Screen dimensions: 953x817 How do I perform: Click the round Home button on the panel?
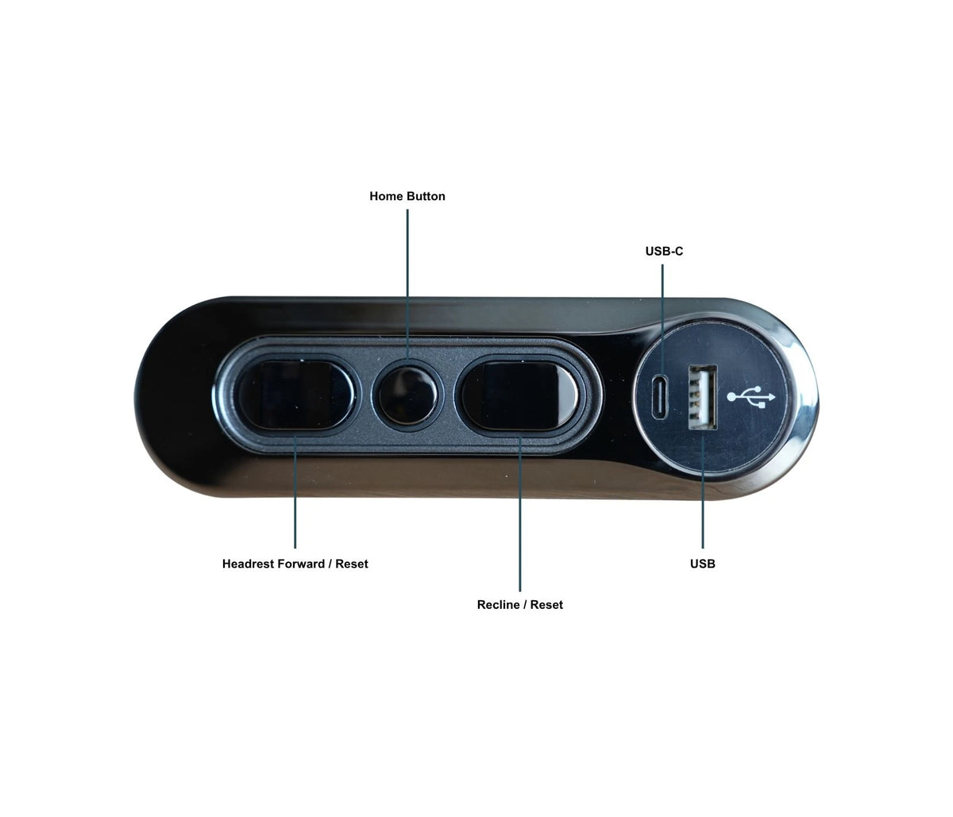click(x=407, y=396)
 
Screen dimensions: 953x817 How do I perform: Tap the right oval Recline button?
click(x=519, y=395)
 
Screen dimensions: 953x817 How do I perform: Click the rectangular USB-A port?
click(x=702, y=397)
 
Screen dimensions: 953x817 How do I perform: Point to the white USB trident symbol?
click(x=751, y=397)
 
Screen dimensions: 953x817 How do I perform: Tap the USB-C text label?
click(x=664, y=251)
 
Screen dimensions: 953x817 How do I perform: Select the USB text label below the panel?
click(x=703, y=564)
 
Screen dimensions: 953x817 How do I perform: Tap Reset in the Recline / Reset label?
click(x=546, y=604)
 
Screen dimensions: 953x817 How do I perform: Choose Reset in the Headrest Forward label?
click(x=352, y=564)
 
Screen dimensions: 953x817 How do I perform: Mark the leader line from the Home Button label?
click(x=407, y=284)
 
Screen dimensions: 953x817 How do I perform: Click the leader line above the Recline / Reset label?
click(x=520, y=514)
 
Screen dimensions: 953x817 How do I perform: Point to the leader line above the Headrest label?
click(x=295, y=492)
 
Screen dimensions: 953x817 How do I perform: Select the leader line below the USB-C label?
click(x=662, y=319)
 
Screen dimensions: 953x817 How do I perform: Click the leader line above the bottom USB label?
click(x=703, y=491)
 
